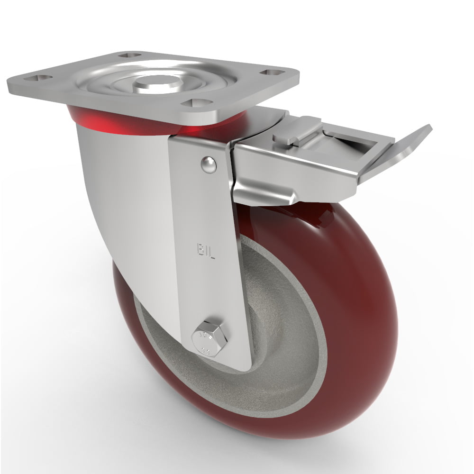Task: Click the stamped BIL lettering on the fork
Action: click(x=206, y=250)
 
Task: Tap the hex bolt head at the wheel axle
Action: click(x=210, y=337)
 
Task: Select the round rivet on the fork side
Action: click(x=208, y=164)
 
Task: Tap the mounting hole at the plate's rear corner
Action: click(x=130, y=55)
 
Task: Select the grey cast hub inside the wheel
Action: click(x=280, y=332)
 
